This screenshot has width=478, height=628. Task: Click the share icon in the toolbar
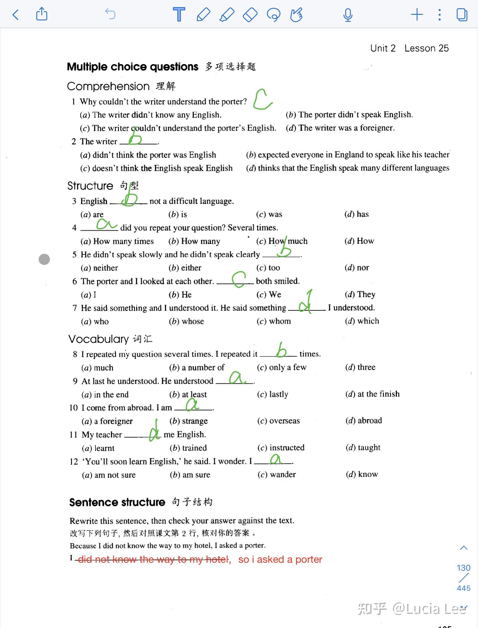pyautogui.click(x=42, y=14)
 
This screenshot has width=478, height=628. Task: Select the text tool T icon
pyautogui.click(x=179, y=14)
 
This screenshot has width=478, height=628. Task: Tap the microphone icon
pyautogui.click(x=348, y=15)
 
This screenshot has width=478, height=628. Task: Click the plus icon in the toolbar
pyautogui.click(x=417, y=14)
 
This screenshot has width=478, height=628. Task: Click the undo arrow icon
pyautogui.click(x=110, y=14)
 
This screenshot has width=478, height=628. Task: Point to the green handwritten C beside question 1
pyautogui.click(x=262, y=100)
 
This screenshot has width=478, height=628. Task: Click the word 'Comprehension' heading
pyautogui.click(x=108, y=86)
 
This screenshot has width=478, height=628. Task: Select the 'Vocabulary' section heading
pyautogui.click(x=99, y=339)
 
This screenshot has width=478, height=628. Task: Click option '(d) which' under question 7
pyautogui.click(x=362, y=321)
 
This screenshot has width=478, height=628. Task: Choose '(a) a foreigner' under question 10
pyautogui.click(x=107, y=421)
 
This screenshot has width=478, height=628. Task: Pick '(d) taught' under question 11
pyautogui.click(x=363, y=448)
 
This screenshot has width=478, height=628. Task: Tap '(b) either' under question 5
pyautogui.click(x=185, y=268)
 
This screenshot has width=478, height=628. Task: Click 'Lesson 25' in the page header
pyautogui.click(x=426, y=48)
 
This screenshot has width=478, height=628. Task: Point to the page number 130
pyautogui.click(x=463, y=568)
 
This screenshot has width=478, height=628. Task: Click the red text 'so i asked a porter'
pyautogui.click(x=280, y=559)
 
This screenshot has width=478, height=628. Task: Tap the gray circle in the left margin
pyautogui.click(x=44, y=259)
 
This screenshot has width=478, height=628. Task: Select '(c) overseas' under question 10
pyautogui.click(x=278, y=421)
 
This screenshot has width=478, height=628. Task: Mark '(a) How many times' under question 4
pyautogui.click(x=117, y=241)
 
